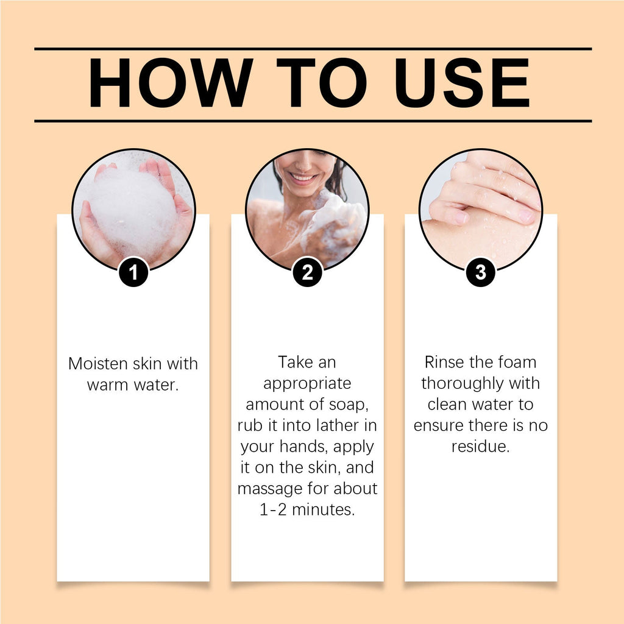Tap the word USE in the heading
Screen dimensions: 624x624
[x=463, y=83]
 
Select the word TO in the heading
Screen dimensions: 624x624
[x=322, y=83]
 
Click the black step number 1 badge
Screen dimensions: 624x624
[x=133, y=272]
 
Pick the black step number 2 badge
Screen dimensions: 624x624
[x=307, y=272]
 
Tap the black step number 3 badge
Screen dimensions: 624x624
[x=481, y=272]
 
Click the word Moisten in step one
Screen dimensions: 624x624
[x=98, y=364]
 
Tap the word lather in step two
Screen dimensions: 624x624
[x=338, y=425]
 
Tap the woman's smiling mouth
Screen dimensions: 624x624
[x=302, y=177]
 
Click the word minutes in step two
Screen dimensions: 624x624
[x=322, y=509]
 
